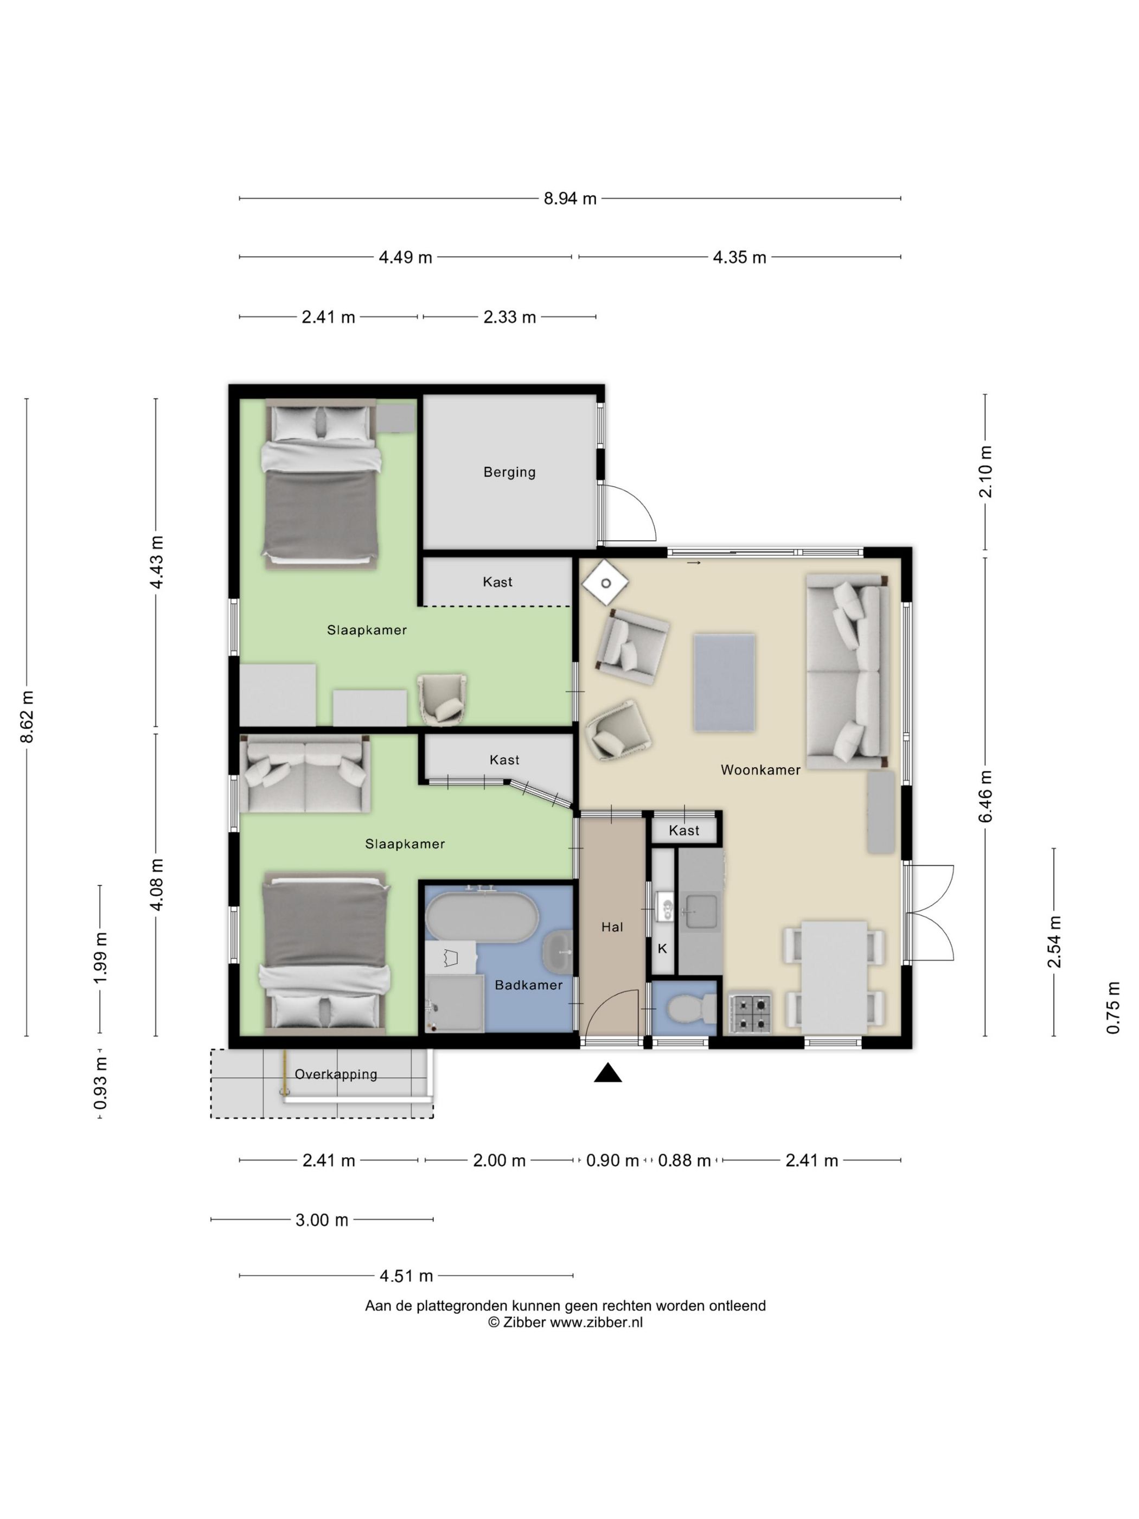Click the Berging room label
(x=509, y=472)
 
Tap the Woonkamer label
(x=760, y=770)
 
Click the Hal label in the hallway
(x=612, y=927)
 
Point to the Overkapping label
(x=336, y=1074)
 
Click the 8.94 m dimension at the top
(x=570, y=199)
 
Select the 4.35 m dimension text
(x=739, y=257)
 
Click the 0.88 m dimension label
(x=684, y=1160)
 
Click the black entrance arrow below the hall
(x=607, y=1073)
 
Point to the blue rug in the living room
(x=724, y=682)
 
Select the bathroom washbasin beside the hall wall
(x=558, y=953)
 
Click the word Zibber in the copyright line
(x=524, y=1323)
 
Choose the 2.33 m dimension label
(x=509, y=317)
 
